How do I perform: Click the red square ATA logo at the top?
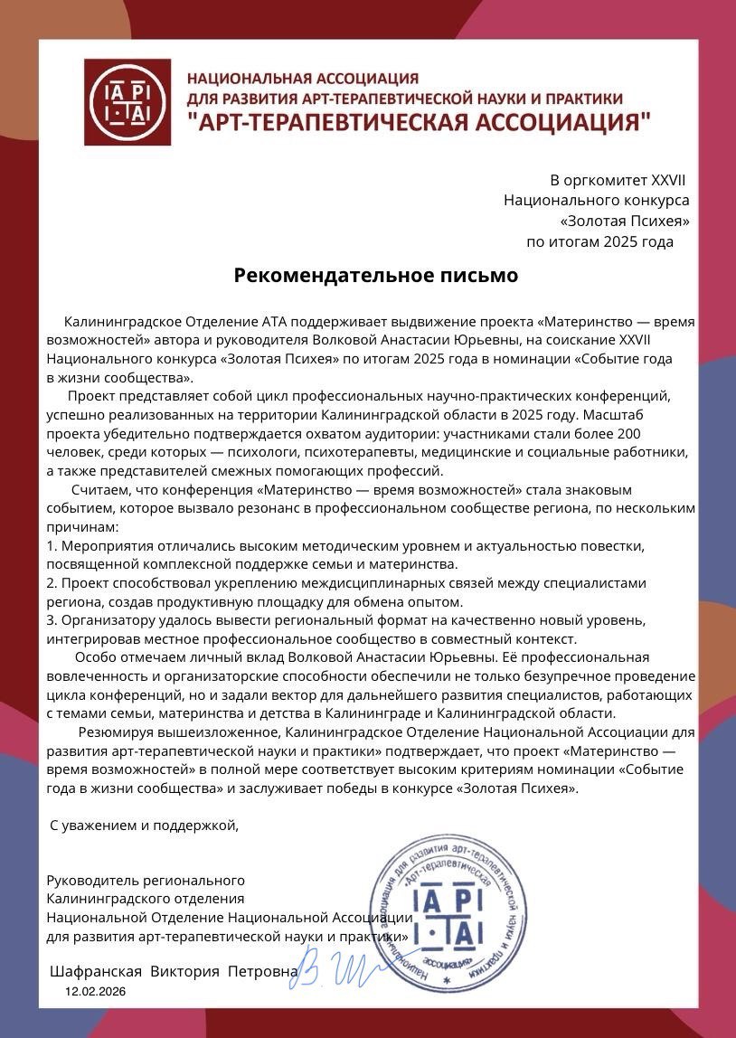point(127,102)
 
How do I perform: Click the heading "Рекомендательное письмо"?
point(376,275)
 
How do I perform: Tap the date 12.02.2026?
point(95,992)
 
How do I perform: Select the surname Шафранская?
point(96,971)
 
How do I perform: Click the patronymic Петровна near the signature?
point(262,971)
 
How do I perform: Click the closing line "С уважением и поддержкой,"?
point(144,825)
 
